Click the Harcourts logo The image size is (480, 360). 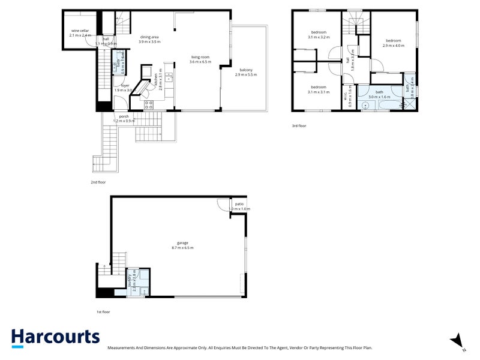pos(55,337)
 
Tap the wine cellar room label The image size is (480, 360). pos(80,31)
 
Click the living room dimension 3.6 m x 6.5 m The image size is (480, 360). pos(200,62)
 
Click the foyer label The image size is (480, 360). pos(125,85)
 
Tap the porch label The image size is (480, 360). pos(124,116)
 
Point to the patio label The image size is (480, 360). pos(239,204)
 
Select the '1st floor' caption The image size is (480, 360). pos(103,312)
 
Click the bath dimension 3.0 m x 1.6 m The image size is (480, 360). pos(379,97)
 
